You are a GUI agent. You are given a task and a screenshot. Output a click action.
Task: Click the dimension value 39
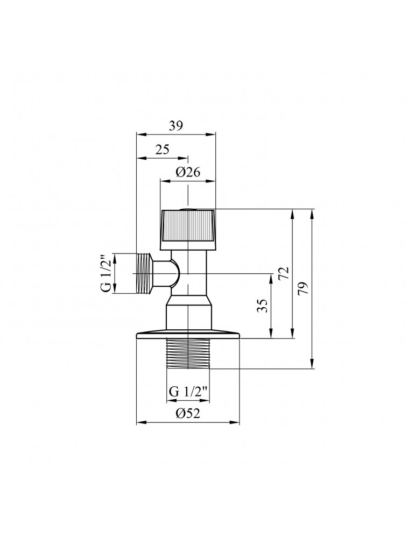175,126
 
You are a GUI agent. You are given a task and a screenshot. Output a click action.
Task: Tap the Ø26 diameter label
188,173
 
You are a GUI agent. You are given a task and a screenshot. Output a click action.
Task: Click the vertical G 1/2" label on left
107,273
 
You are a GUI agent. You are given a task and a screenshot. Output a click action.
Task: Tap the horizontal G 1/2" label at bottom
188,391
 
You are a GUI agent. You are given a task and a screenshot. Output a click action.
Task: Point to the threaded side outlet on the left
143,273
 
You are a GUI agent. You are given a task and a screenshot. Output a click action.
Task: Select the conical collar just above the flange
188,315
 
